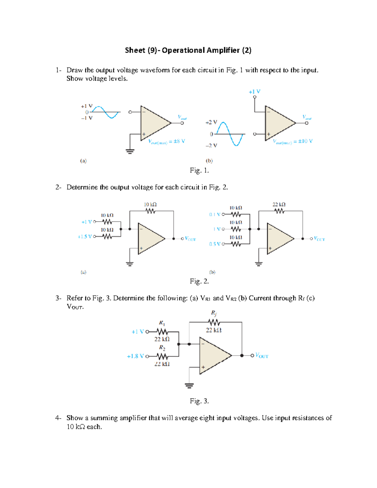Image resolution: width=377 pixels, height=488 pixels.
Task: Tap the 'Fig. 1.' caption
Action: [x=199, y=170]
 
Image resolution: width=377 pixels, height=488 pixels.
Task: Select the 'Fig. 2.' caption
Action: [x=199, y=281]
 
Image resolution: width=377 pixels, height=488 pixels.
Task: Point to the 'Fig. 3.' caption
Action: [x=199, y=401]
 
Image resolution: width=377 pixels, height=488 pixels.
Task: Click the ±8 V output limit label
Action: [x=167, y=141]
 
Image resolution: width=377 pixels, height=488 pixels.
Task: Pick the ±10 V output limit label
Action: [x=292, y=141]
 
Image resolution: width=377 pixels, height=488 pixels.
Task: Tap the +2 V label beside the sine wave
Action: [x=211, y=122]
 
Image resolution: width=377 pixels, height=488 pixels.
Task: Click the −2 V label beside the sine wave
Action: [x=211, y=145]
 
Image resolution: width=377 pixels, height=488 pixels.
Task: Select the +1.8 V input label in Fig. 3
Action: [x=135, y=356]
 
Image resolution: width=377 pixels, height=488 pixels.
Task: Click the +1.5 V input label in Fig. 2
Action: [x=85, y=237]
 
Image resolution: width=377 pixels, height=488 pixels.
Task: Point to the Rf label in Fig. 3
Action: [x=214, y=313]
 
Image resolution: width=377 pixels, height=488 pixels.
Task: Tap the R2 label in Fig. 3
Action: [x=162, y=348]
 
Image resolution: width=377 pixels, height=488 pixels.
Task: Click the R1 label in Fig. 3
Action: [x=162, y=323]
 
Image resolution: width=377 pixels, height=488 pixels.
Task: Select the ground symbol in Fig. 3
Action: [x=189, y=386]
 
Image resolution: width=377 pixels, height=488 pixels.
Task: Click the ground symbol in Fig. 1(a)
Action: [x=130, y=151]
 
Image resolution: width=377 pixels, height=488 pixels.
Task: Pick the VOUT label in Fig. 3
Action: [x=262, y=356]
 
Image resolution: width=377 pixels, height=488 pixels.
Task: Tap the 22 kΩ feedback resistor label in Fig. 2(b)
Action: [x=279, y=205]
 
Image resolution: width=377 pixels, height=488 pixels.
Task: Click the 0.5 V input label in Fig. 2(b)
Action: [x=215, y=244]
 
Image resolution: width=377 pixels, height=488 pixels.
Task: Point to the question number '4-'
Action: [x=58, y=418]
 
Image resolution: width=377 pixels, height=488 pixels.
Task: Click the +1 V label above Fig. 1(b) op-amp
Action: [x=254, y=92]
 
